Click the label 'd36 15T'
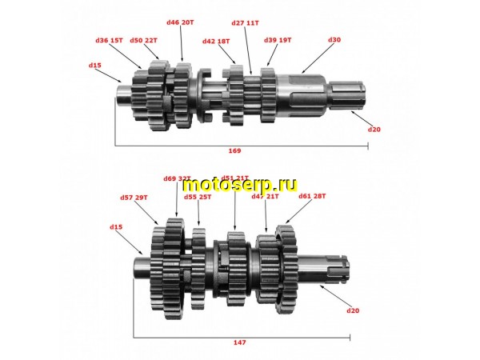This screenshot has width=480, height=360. point(109,40)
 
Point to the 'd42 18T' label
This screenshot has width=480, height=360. point(215,41)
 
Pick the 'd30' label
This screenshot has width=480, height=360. point(334,40)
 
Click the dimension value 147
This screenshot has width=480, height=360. point(240,342)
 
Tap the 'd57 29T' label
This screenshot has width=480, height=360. point(134,197)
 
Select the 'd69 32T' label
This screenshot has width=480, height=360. point(177,178)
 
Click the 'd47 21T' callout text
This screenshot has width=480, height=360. point(265,196)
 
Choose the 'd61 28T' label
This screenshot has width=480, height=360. point(312,196)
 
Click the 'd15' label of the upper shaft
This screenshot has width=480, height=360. point(95,65)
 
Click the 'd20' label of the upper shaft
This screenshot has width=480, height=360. point(374,129)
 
